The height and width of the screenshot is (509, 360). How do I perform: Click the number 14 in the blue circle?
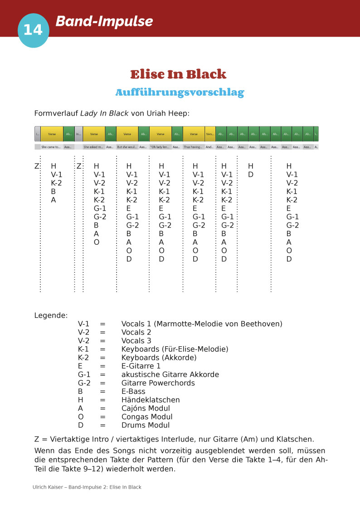click(33, 30)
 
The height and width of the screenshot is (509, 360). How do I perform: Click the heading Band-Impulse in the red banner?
click(104, 21)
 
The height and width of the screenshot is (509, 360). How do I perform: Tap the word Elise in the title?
click(150, 74)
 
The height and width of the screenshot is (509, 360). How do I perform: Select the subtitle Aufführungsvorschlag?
click(180, 92)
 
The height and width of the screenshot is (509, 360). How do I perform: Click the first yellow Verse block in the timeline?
click(52, 134)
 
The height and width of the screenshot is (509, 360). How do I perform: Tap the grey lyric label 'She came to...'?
click(51, 147)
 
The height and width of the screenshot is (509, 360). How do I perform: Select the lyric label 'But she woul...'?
click(126, 147)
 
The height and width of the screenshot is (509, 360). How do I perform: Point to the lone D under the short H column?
click(250, 175)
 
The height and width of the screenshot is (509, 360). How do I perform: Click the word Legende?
click(51, 315)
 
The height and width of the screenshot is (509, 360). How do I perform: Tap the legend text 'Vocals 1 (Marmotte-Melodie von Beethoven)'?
click(202, 324)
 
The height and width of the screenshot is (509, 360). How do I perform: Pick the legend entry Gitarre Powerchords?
click(158, 383)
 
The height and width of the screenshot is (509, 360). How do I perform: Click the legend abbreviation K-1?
click(83, 349)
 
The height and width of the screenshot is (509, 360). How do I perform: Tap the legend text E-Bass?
click(133, 391)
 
